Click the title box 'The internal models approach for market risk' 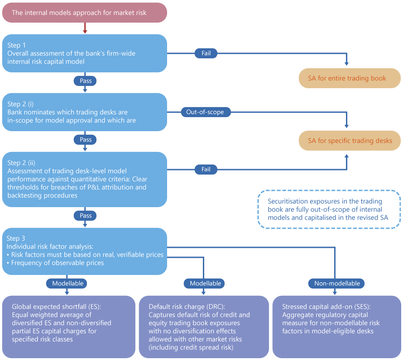click(85, 13)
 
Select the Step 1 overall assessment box click(85, 53)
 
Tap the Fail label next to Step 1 click(206, 53)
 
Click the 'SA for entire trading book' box click(349, 78)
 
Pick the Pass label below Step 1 click(85, 81)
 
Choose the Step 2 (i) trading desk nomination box click(85, 112)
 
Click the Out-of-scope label click(206, 112)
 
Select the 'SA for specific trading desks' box click(349, 141)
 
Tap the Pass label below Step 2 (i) click(85, 140)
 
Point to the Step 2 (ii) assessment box click(85, 179)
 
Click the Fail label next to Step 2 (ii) click(206, 170)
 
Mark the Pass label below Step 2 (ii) click(85, 216)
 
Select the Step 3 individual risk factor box click(85, 251)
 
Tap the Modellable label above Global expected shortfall click(67, 284)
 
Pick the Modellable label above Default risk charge click(205, 284)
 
